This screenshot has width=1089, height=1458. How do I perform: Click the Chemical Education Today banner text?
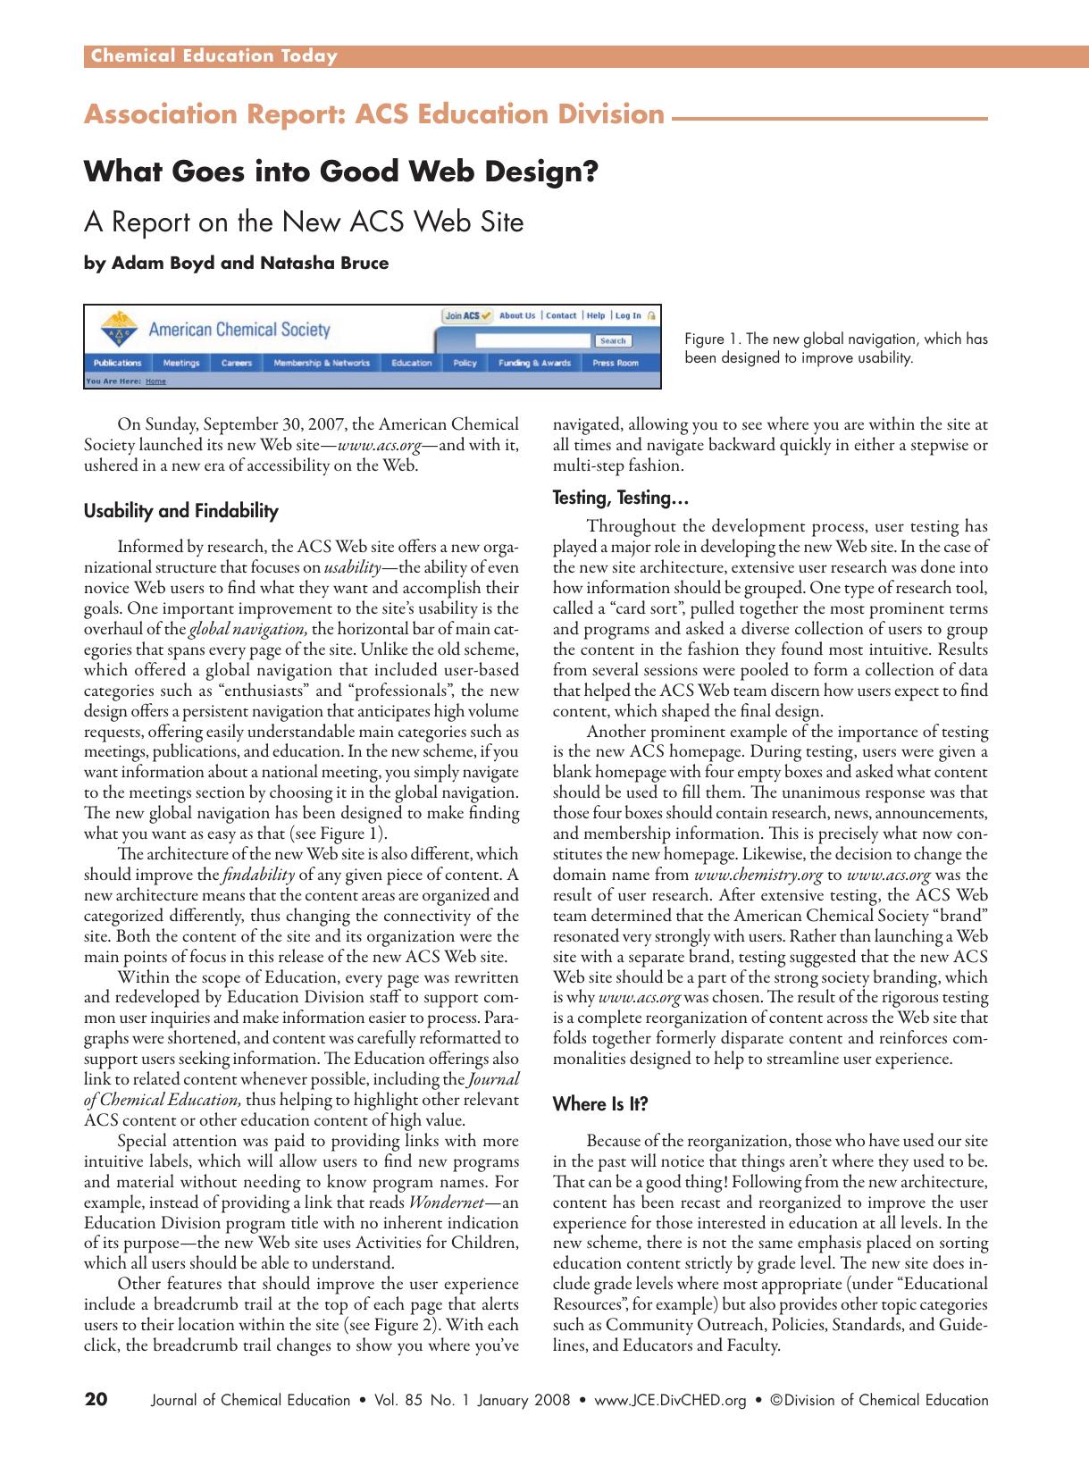pos(212,56)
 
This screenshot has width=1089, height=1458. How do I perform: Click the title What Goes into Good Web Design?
pos(340,171)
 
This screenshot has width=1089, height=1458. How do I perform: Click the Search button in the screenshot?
pos(613,340)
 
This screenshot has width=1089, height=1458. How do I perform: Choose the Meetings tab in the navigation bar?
pos(180,363)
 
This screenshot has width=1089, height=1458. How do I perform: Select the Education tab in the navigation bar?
pos(411,363)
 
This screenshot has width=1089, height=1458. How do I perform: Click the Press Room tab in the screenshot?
pos(616,363)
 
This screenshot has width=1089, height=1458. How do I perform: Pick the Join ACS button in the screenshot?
pos(468,315)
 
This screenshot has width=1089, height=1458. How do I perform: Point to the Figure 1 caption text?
pos(835,348)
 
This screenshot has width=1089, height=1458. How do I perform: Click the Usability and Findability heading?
pos(180,511)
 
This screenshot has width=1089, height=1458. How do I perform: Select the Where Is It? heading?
pos(600,1104)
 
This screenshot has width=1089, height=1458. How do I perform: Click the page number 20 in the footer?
pos(96,1400)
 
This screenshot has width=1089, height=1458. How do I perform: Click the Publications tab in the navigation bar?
pos(117,363)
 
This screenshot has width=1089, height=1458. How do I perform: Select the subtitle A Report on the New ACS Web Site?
pos(303,221)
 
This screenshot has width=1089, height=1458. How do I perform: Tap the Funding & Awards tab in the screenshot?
pos(533,363)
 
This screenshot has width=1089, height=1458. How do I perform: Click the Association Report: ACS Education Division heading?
pos(374,114)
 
